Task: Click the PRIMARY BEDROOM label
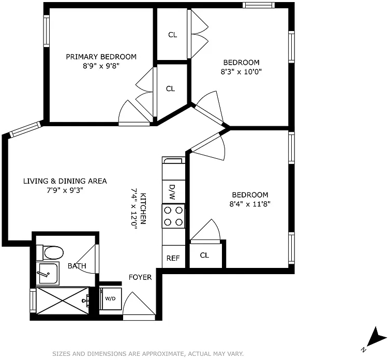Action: [101, 57]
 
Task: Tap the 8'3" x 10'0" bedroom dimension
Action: [241, 72]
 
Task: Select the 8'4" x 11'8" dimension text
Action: [250, 204]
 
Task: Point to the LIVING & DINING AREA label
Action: [65, 181]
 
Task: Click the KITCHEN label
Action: [143, 208]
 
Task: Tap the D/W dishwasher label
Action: [172, 192]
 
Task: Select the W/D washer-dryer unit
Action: [110, 298]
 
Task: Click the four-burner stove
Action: [173, 216]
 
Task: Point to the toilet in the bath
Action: [50, 252]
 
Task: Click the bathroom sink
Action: [48, 274]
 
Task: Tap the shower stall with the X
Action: [63, 301]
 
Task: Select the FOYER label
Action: [140, 277]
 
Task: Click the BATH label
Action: [77, 266]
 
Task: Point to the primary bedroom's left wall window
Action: [47, 31]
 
